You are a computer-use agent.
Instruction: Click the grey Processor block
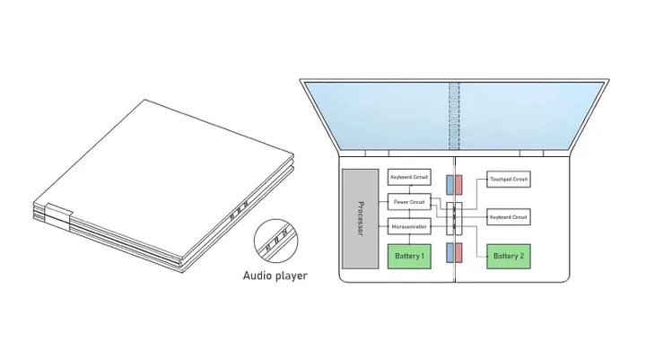tap(359, 218)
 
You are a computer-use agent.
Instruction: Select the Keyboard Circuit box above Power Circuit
tap(409, 178)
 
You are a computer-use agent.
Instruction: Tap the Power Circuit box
tap(409, 203)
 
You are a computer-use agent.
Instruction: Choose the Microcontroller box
tap(409, 228)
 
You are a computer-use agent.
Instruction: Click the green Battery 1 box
tap(409, 257)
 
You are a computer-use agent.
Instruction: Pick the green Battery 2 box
tap(508, 257)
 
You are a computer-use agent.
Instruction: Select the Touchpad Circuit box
tap(508, 180)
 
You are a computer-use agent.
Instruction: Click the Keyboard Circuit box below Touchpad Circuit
tap(508, 217)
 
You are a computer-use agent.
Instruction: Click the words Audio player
tap(275, 276)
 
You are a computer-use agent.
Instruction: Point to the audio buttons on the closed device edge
tap(237, 215)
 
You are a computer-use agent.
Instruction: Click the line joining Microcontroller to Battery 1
tap(409, 240)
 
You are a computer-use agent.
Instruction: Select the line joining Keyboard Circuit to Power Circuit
tap(409, 189)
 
